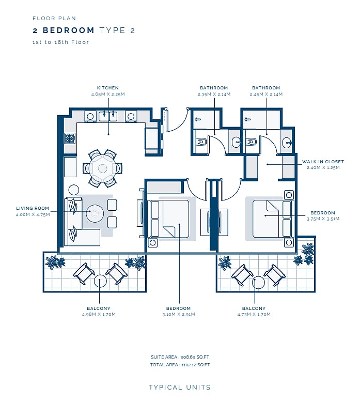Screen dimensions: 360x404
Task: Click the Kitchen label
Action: (107, 88)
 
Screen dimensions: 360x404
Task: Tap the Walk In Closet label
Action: (323, 162)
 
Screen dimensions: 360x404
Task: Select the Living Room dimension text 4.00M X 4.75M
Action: (33, 214)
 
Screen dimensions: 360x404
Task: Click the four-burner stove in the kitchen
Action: (70, 138)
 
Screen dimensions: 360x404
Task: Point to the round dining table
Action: (102, 168)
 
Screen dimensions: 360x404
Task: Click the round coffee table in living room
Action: (95, 213)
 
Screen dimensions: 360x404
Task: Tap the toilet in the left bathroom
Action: (201, 142)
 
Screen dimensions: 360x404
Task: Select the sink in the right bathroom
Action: (287, 143)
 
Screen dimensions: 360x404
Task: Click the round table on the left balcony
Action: (100, 281)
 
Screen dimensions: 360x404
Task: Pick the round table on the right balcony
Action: (258, 283)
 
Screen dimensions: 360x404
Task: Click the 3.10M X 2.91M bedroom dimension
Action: (179, 314)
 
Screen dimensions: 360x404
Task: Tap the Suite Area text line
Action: (180, 357)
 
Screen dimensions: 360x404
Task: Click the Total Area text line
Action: (180, 365)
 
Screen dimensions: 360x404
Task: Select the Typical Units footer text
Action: (180, 387)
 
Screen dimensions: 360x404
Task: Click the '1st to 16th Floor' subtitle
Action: (61, 42)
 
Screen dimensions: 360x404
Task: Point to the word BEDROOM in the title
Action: (69, 30)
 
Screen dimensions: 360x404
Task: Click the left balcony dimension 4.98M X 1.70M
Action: (99, 314)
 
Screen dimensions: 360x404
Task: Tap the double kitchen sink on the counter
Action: (108, 116)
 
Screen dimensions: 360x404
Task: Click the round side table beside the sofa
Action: (74, 190)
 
